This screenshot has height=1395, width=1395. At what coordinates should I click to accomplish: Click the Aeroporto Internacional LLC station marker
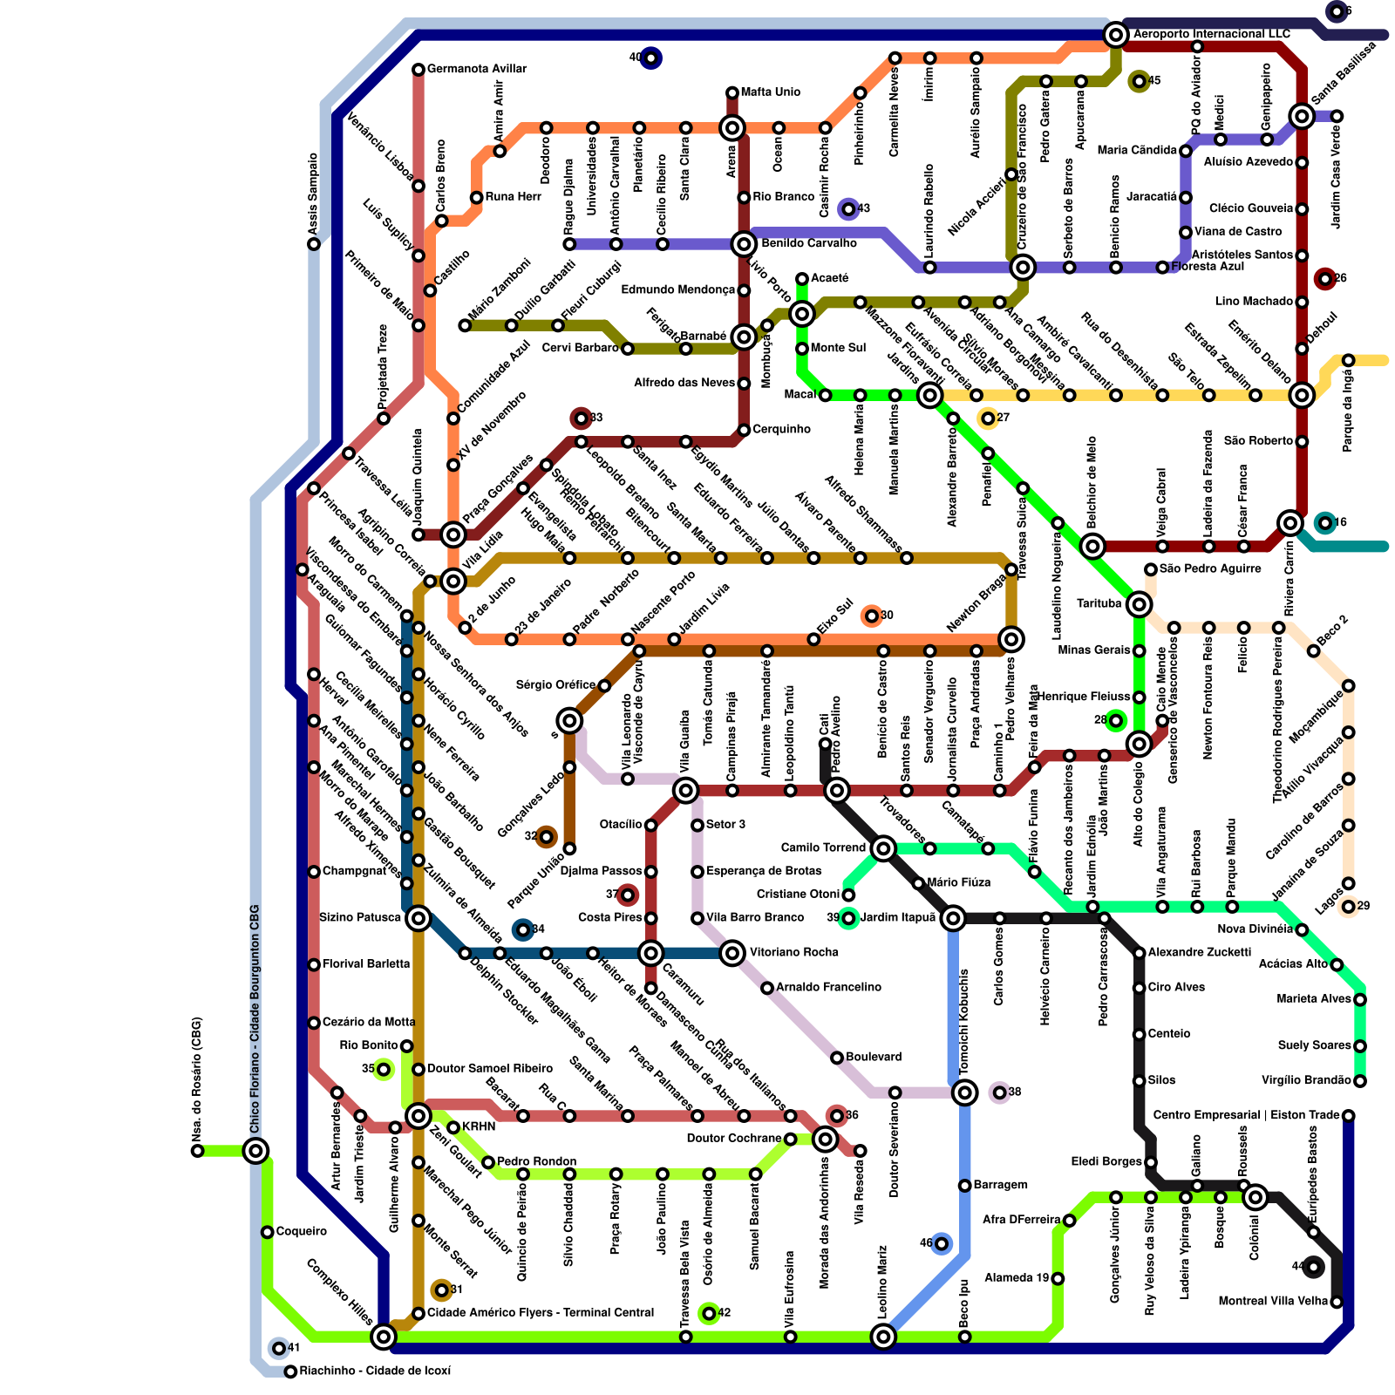point(1115,35)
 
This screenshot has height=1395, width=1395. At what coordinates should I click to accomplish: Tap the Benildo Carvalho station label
point(808,243)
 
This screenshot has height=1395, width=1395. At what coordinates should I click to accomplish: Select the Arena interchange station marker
point(732,129)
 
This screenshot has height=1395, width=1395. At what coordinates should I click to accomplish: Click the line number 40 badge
point(650,58)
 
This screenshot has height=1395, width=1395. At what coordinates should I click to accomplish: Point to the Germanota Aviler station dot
point(418,70)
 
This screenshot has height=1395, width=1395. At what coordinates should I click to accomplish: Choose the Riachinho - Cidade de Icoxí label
point(375,1371)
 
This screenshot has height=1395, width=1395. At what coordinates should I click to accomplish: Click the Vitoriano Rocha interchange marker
point(732,953)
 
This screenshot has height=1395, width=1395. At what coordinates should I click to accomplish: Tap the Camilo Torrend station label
point(823,847)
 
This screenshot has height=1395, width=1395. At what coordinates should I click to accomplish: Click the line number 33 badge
point(582,418)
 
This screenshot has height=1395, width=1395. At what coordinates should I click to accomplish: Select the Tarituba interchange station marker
point(1139,604)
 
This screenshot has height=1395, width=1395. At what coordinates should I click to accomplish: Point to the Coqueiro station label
point(301,1232)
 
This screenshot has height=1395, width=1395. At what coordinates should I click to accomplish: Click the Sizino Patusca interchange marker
point(418,918)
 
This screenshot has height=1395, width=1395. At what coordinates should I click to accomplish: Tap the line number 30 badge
point(872,616)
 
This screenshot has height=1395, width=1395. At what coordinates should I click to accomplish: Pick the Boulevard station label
point(874,1058)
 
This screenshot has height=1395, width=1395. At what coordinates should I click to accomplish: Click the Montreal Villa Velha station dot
point(1337,1303)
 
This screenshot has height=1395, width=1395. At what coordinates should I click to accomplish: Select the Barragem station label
point(1000,1185)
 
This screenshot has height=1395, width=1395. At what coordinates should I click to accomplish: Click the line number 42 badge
point(709,1313)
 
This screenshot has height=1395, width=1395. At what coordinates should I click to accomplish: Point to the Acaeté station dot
point(802,279)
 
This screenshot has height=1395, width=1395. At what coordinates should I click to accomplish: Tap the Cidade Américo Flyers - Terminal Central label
point(540,1313)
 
